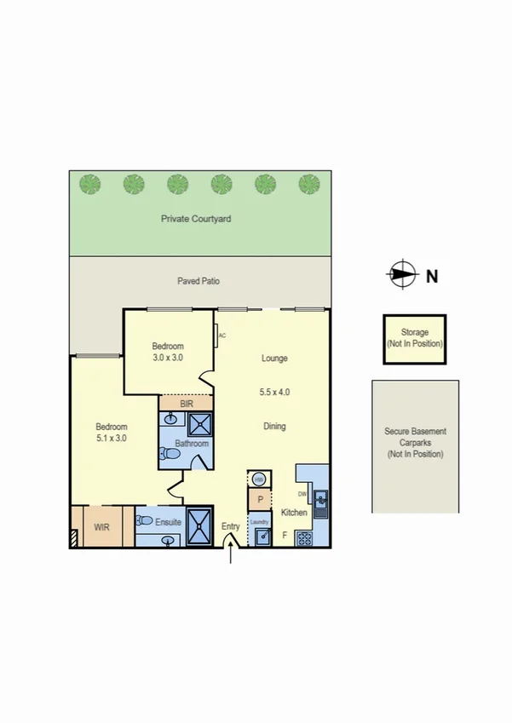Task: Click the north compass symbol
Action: tap(401, 274)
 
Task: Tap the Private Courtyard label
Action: tap(196, 219)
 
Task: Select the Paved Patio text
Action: tap(198, 280)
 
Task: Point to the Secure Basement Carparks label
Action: tap(415, 443)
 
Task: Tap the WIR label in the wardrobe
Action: tap(101, 527)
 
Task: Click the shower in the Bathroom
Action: tap(200, 424)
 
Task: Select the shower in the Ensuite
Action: tap(200, 525)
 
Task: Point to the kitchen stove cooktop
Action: tap(304, 537)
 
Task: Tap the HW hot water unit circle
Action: tap(258, 479)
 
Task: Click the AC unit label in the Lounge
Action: tap(221, 336)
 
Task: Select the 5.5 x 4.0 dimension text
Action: tap(274, 393)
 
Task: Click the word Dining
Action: tap(274, 427)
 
